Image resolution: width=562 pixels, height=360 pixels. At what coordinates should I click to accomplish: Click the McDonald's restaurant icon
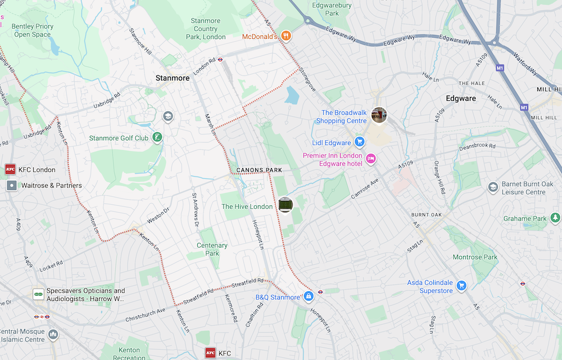click(286, 37)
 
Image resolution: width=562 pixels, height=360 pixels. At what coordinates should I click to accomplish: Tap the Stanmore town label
click(173, 78)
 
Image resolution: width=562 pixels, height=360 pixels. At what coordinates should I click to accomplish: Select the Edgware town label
click(460, 98)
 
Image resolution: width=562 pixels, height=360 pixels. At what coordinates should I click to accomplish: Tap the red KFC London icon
click(10, 169)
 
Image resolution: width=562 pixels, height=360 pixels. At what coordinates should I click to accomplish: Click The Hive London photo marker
click(285, 205)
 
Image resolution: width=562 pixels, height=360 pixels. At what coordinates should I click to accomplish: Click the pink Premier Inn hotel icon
click(370, 159)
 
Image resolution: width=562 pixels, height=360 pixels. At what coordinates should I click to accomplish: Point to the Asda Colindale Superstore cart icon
click(461, 286)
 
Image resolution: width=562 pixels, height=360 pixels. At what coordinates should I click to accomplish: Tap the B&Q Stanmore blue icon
click(309, 296)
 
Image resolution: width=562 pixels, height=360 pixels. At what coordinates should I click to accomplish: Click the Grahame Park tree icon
click(555, 218)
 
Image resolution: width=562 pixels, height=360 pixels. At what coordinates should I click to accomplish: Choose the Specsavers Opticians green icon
click(39, 294)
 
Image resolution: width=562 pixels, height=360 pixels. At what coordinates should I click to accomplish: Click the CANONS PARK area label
click(259, 170)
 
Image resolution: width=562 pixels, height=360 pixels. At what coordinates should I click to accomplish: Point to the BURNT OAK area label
click(427, 215)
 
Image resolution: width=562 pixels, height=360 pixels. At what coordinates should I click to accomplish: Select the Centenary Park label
click(212, 249)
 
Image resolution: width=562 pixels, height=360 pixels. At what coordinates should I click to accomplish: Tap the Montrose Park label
click(475, 257)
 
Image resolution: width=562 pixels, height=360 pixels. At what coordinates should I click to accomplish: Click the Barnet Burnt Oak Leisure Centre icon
click(493, 187)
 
